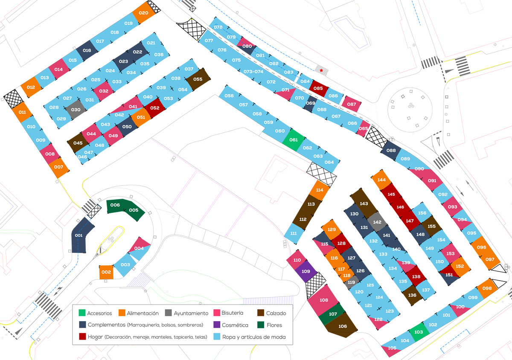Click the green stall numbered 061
click(x=294, y=140)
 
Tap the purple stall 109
click(x=306, y=271)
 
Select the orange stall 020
click(x=144, y=13)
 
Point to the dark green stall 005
click(x=134, y=210)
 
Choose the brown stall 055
click(x=198, y=79)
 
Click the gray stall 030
click(x=76, y=110)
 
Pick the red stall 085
click(x=318, y=88)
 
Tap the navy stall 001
click(x=79, y=236)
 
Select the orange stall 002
click(x=106, y=272)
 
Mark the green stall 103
click(x=419, y=332)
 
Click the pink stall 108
click(x=324, y=300)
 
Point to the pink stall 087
click(x=352, y=104)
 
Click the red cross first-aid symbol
click(x=321, y=70)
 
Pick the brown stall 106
click(x=342, y=326)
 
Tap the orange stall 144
click(x=381, y=180)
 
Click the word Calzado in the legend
click(x=276, y=313)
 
